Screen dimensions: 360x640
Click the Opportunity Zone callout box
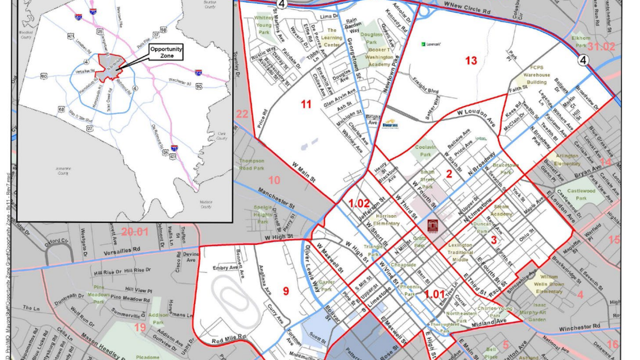tap(166, 52)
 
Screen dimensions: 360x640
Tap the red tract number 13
tap(470, 61)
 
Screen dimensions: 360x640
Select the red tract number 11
tap(306, 104)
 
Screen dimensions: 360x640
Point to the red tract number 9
tap(286, 290)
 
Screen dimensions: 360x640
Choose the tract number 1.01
tap(434, 293)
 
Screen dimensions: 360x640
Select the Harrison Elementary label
tap(386, 220)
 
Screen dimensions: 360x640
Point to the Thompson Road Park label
tap(251, 164)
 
